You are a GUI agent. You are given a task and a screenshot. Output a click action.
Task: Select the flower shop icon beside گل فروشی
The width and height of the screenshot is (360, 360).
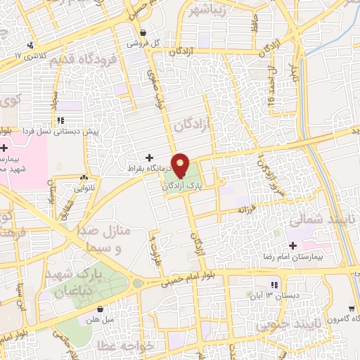click(x=143, y=32)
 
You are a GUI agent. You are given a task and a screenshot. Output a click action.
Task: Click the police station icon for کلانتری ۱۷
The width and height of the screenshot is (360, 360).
click(x=30, y=46)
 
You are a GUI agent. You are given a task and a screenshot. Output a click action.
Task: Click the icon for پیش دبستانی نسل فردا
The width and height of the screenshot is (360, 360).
click(x=60, y=121)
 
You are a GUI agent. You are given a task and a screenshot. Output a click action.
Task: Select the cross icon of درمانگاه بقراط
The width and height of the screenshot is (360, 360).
click(x=148, y=157)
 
